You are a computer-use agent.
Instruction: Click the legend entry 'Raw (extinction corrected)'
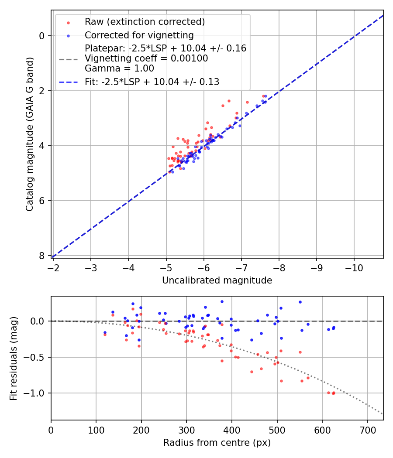[x=145, y=22]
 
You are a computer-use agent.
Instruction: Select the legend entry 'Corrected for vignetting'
[x=139, y=35]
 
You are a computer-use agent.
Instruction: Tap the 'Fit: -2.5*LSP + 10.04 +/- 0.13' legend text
[x=152, y=82]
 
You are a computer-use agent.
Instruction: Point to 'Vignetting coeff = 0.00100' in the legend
[x=146, y=58]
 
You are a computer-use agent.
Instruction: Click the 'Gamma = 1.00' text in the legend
[x=119, y=68]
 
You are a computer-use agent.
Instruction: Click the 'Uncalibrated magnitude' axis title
[x=217, y=280]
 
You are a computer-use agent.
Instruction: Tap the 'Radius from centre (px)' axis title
[x=217, y=443]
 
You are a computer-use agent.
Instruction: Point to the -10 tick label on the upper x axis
[x=354, y=267]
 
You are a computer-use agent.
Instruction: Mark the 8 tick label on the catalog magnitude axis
[x=42, y=256]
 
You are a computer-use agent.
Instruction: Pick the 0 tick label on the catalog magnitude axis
[x=42, y=36]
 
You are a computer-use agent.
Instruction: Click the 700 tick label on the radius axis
[x=367, y=429]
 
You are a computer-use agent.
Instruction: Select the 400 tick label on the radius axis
[x=232, y=429]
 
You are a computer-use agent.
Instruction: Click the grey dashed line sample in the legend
[x=68, y=58]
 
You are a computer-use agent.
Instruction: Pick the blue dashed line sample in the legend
[x=68, y=82]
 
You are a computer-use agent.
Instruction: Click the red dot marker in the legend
[x=68, y=22]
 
